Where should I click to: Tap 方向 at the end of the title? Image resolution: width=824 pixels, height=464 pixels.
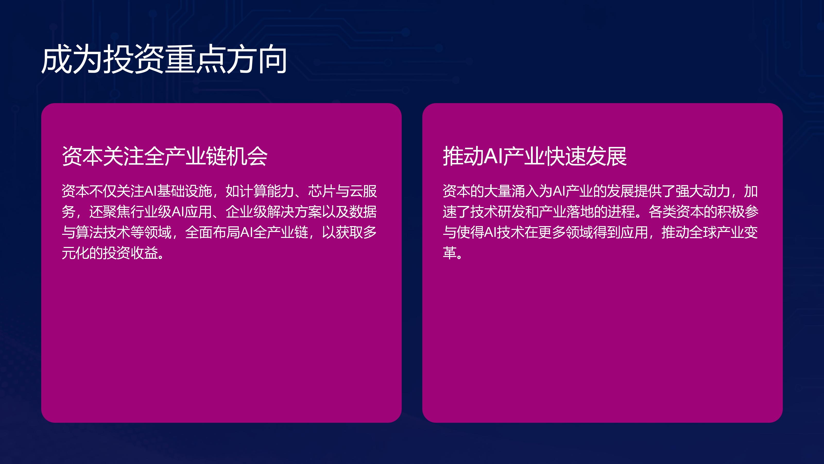257,59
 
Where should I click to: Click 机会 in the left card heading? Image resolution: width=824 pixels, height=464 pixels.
247,156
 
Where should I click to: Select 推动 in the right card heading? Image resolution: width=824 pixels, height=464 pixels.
463,156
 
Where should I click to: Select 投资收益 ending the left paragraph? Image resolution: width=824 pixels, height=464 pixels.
131,253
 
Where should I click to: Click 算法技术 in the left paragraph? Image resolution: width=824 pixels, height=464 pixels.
103,232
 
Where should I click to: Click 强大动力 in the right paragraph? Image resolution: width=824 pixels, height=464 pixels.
702,191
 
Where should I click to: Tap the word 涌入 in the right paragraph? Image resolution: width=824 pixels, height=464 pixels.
525,191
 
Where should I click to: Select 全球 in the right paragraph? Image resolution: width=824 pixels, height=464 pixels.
702,232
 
